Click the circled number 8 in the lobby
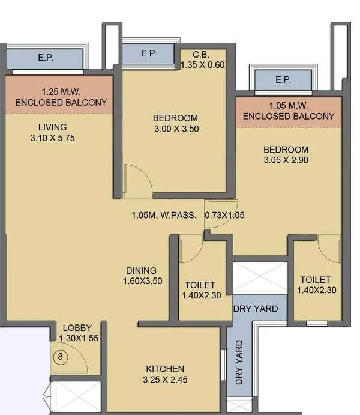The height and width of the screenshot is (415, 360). pyautogui.click(x=60, y=356)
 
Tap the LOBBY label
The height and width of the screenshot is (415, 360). pyautogui.click(x=77, y=328)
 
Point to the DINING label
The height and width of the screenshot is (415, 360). pyautogui.click(x=141, y=270)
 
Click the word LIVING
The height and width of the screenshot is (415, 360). pyautogui.click(x=52, y=127)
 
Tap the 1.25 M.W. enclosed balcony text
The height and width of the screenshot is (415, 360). pyautogui.click(x=61, y=97)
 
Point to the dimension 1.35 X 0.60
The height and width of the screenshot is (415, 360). pyautogui.click(x=202, y=64)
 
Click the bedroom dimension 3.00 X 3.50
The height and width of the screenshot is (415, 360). pyautogui.click(x=175, y=129)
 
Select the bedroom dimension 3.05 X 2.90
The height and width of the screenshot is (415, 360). pyautogui.click(x=286, y=160)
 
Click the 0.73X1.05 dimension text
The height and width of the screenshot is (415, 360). pyautogui.click(x=225, y=214)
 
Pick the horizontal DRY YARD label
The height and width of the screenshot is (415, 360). pyautogui.click(x=256, y=309)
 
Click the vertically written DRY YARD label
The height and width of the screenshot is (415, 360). pyautogui.click(x=239, y=363)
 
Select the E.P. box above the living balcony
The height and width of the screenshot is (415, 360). pyautogui.click(x=44, y=59)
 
